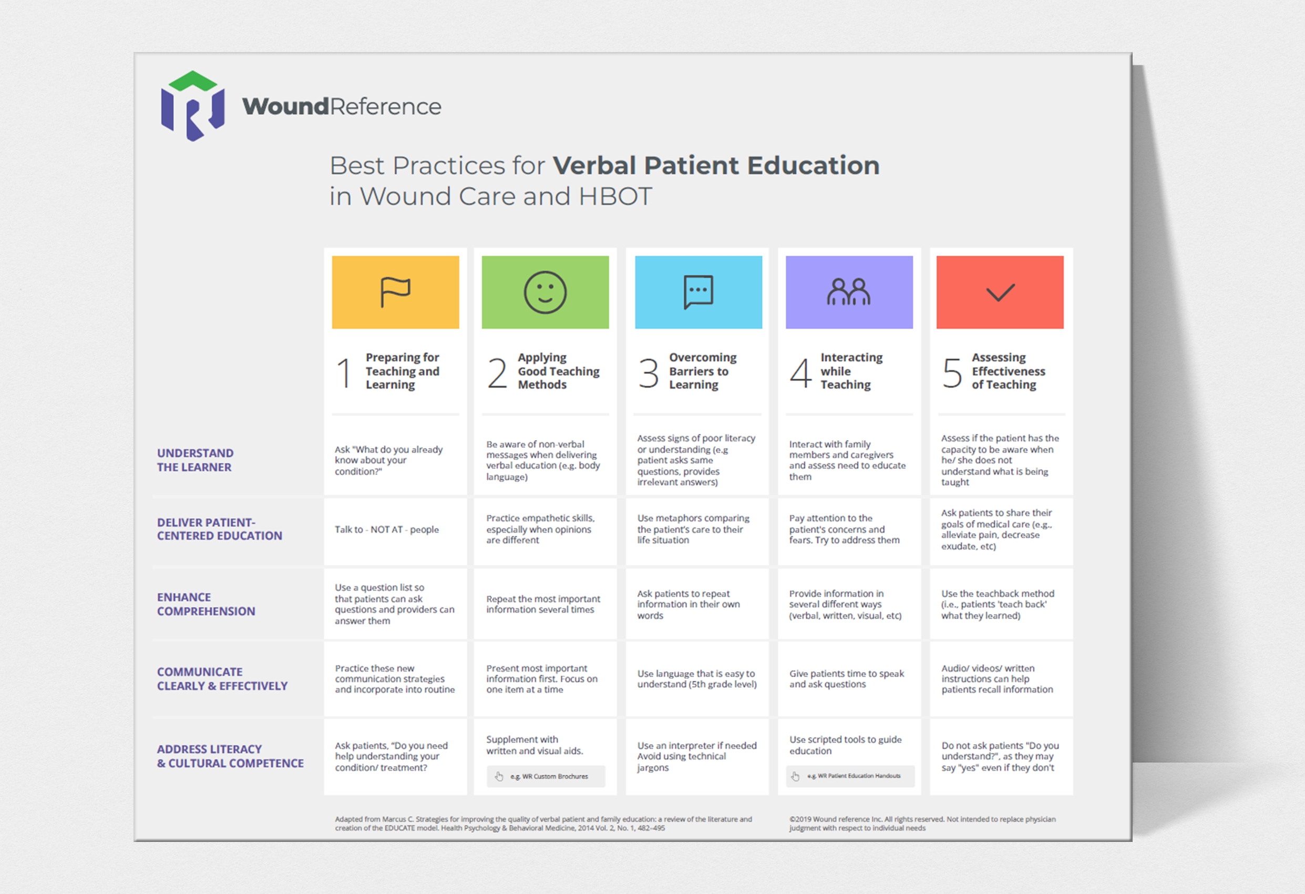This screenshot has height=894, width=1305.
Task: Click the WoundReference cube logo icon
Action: click(x=192, y=106)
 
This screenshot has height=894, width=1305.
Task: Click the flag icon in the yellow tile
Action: click(x=395, y=292)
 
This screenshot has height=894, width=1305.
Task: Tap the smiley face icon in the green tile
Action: click(x=544, y=292)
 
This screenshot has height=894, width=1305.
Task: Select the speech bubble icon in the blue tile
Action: click(x=698, y=292)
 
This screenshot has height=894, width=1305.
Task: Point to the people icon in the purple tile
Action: click(x=848, y=292)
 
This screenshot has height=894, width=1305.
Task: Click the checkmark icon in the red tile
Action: click(x=1000, y=292)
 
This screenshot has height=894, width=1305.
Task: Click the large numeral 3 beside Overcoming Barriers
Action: click(x=649, y=372)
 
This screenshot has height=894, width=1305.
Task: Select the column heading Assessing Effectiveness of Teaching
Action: click(x=1008, y=371)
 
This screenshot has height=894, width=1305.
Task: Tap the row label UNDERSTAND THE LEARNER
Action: click(x=195, y=460)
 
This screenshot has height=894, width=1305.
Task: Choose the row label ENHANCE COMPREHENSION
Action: click(x=205, y=604)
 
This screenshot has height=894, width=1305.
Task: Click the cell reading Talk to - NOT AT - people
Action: click(x=387, y=530)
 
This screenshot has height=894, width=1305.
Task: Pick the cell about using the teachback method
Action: click(x=998, y=604)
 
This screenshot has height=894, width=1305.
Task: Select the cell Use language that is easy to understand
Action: click(x=697, y=679)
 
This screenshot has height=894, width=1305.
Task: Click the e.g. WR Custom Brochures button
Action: click(x=546, y=776)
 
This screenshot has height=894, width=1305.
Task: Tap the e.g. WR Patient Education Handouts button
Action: click(x=850, y=776)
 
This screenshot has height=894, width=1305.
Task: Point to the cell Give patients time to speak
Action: click(x=846, y=679)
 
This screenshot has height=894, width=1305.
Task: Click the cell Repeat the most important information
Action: click(x=543, y=604)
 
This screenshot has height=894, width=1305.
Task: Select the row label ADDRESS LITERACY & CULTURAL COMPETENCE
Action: click(x=230, y=756)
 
